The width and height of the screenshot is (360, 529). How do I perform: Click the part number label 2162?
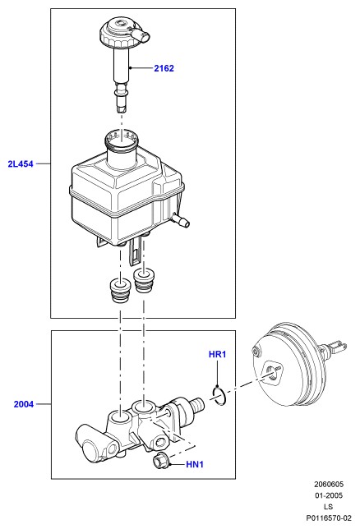(164, 68)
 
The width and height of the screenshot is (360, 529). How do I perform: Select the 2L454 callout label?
(21, 164)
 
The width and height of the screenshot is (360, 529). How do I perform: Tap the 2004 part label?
(24, 404)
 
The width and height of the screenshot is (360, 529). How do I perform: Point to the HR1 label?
(217, 354)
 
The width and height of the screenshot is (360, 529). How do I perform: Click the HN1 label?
(195, 465)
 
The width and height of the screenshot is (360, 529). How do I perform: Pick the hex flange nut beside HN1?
(159, 461)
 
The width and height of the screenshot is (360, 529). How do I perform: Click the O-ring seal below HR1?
(219, 397)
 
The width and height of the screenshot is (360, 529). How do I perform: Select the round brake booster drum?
(287, 364)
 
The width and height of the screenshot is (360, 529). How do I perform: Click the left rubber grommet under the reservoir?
(121, 290)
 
